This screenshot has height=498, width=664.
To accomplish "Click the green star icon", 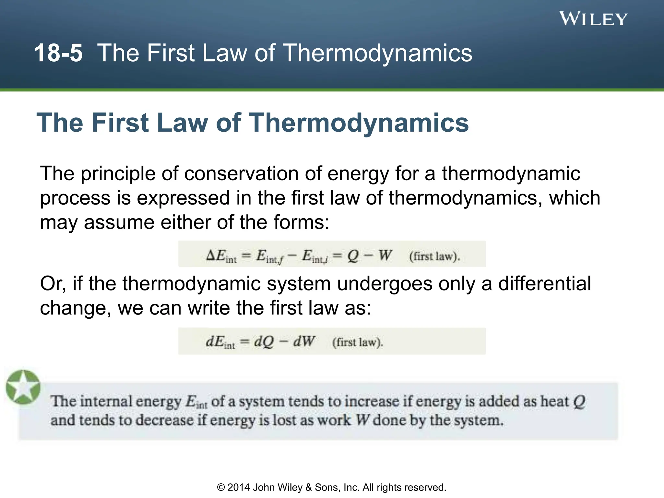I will [23, 387].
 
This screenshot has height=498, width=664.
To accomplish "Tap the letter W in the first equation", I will [385, 255].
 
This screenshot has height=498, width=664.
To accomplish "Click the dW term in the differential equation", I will [304, 341].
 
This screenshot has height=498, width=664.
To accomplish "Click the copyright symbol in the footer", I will [221, 488].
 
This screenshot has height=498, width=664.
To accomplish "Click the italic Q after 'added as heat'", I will [579, 402].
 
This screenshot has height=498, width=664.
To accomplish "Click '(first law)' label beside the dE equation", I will [358, 342].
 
